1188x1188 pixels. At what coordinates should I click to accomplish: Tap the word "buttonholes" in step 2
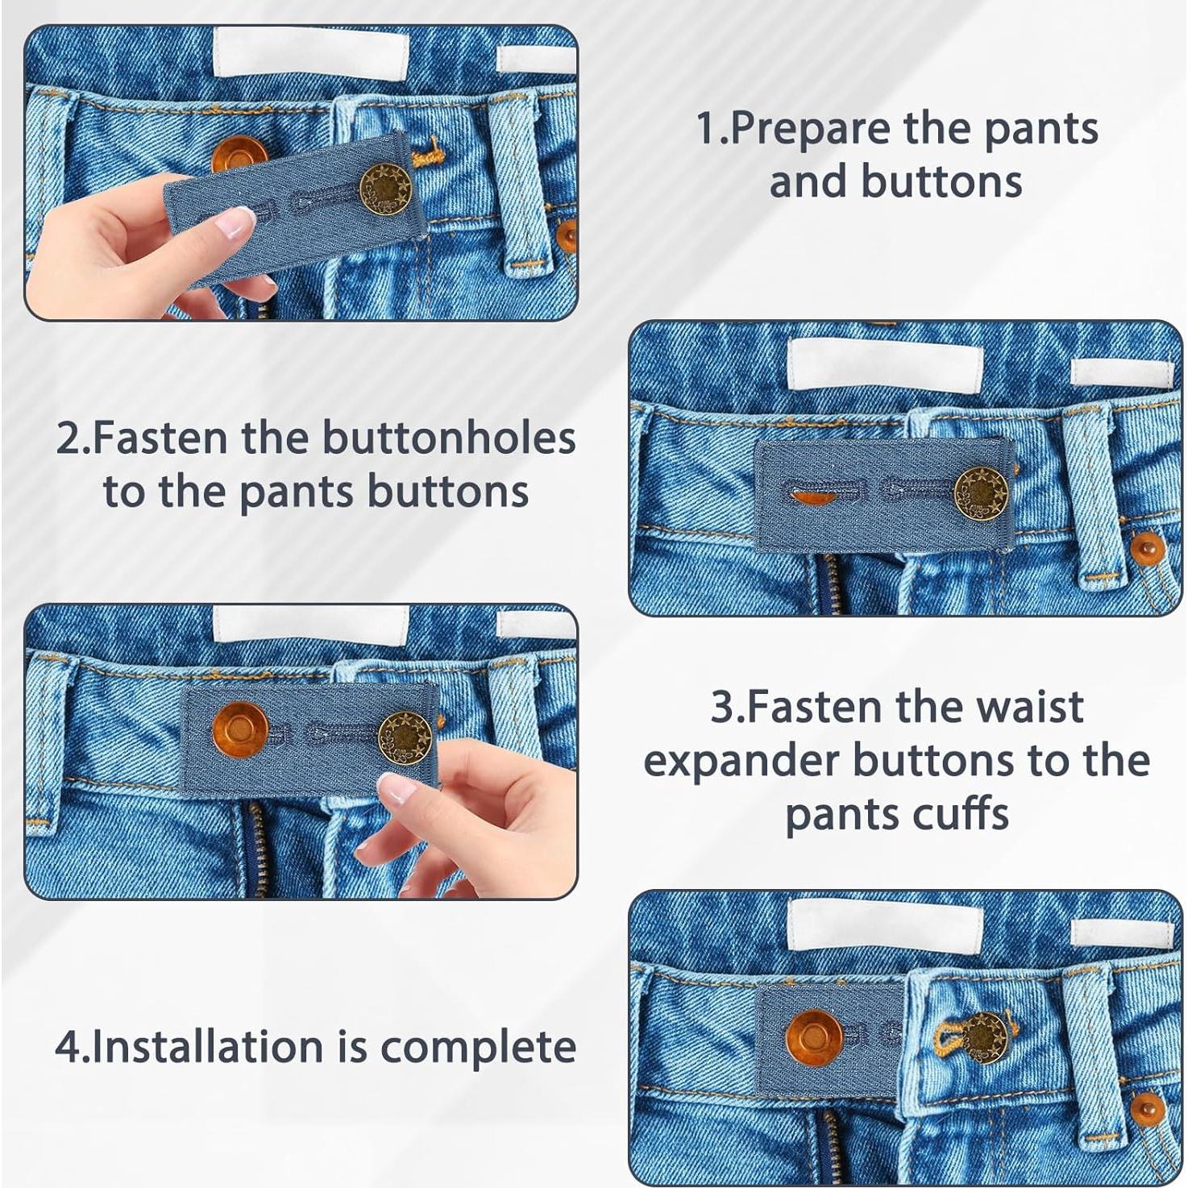point(449,439)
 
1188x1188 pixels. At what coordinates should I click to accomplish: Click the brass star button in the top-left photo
point(384,189)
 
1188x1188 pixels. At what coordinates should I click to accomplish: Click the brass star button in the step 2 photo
point(980,492)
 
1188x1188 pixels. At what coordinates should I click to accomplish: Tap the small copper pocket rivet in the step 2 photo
point(1147,549)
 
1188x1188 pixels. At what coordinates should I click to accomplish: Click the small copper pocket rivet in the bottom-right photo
point(1147,1111)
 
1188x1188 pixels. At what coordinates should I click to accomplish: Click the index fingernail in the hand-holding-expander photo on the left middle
point(395,787)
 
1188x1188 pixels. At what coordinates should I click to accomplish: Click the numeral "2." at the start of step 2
point(72,439)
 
